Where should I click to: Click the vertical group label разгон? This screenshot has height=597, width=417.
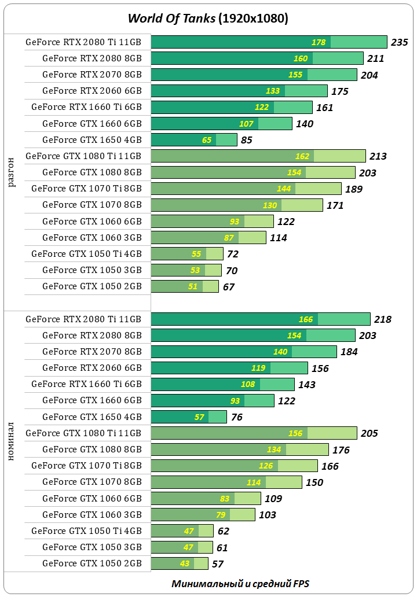coord(12,172)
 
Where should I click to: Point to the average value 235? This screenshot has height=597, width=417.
coord(400,42)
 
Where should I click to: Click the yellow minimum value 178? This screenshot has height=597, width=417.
coord(319,42)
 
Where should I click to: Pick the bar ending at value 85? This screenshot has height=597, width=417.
coord(193,139)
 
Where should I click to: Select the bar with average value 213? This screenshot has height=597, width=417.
coord(258,156)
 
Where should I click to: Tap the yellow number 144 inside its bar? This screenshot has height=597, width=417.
coord(284,189)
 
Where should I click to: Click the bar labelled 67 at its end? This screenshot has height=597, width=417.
coord(184,286)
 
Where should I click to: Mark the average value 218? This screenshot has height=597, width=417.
coord(383,319)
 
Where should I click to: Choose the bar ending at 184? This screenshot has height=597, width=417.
coord(243,352)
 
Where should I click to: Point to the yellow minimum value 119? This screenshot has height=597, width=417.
coord(258,368)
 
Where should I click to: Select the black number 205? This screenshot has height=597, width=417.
coord(369,433)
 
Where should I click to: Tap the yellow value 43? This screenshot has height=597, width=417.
coord(184,563)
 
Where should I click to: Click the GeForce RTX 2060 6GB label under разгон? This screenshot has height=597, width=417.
coord(92,91)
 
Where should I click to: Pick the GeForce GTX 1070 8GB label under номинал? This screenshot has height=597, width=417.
coord(92,482)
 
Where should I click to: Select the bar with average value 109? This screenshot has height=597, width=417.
coord(206,498)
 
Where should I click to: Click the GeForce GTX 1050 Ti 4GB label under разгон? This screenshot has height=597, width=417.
coord(86,253)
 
